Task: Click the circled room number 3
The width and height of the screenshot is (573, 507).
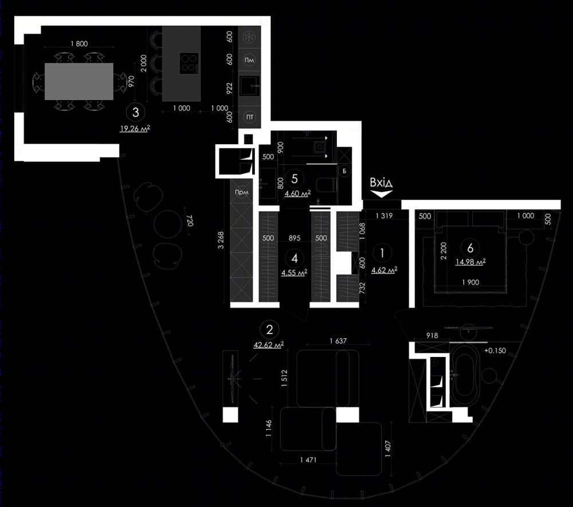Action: click(x=136, y=112)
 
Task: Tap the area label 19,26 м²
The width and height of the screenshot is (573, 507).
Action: click(x=135, y=129)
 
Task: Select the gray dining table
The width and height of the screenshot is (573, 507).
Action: click(x=79, y=81)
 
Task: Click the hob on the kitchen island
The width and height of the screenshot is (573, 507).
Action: click(x=189, y=63)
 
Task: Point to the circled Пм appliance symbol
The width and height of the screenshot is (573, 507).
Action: click(x=249, y=60)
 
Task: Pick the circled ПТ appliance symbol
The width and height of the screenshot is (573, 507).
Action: click(x=250, y=117)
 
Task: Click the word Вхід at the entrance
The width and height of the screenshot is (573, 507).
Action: click(x=381, y=182)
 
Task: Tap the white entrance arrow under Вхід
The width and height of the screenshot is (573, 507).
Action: click(x=382, y=193)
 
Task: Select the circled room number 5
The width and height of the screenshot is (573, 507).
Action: click(x=295, y=179)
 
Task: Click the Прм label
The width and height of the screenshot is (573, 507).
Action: click(x=242, y=192)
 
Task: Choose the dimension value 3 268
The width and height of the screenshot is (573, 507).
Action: click(x=221, y=240)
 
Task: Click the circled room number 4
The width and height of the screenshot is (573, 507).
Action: click(x=295, y=259)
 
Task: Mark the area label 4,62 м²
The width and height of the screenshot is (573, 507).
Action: click(x=384, y=270)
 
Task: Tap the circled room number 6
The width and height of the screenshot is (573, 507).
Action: click(x=470, y=248)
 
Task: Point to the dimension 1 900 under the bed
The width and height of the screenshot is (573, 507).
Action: click(x=470, y=282)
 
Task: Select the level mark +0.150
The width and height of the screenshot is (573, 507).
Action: click(x=495, y=350)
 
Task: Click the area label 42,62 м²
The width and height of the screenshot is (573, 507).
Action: click(x=269, y=345)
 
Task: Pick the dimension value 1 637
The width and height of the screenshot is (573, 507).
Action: click(x=338, y=341)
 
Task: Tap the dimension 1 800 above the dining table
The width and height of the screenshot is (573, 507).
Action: click(x=79, y=44)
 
